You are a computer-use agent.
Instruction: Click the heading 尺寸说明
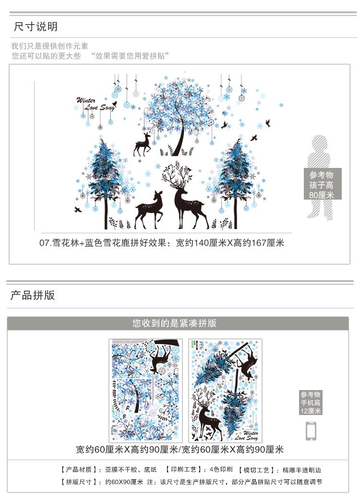(36, 26)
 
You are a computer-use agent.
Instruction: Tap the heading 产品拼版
(33, 295)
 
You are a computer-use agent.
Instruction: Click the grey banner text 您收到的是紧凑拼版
(174, 323)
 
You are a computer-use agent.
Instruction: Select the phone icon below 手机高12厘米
(311, 431)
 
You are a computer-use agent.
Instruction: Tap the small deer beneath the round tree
(142, 145)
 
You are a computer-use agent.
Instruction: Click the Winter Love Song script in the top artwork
(95, 104)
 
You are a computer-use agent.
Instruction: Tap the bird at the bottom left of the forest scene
(78, 209)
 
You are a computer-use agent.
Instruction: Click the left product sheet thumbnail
(145, 391)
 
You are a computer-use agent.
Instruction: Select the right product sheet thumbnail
(225, 391)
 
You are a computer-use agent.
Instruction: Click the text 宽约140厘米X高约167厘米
(230, 243)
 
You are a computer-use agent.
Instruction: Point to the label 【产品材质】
(79, 470)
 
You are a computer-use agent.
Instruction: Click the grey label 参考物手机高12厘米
(311, 403)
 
